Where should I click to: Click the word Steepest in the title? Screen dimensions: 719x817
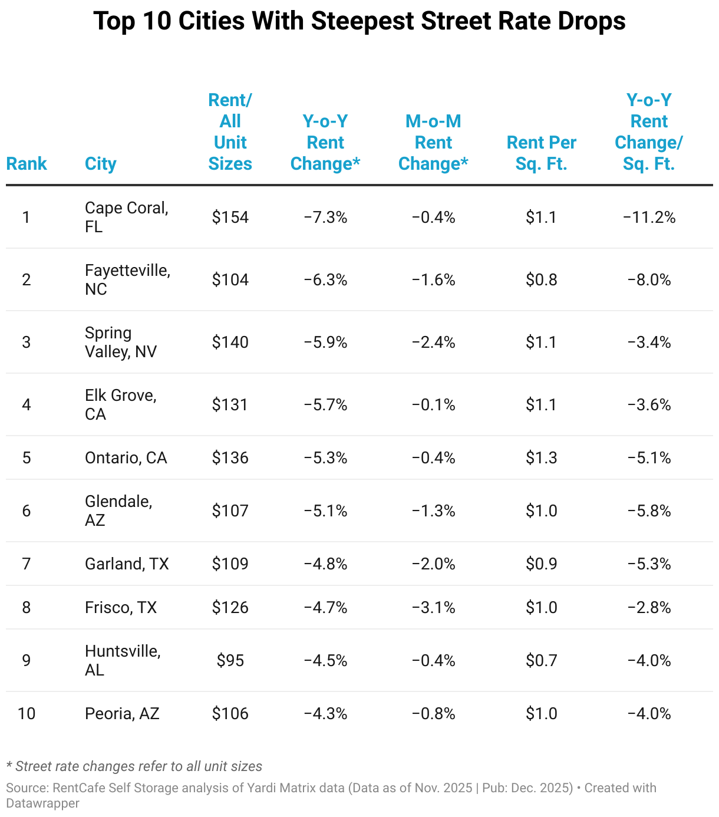click(x=362, y=21)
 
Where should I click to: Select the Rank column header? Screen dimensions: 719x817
click(x=27, y=164)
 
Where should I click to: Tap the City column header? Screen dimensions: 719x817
click(x=100, y=164)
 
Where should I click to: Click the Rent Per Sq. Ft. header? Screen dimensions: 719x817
click(x=541, y=153)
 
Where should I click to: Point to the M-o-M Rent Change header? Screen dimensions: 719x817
click(x=433, y=142)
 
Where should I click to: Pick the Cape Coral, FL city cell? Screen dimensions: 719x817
click(x=127, y=217)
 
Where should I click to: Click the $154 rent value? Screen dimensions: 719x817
click(x=230, y=218)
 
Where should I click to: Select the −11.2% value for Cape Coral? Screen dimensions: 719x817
click(x=649, y=218)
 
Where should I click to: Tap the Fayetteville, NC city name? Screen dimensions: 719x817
click(x=127, y=279)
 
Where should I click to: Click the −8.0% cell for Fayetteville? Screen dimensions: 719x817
click(x=649, y=279)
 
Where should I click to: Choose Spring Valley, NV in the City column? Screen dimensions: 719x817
click(x=121, y=342)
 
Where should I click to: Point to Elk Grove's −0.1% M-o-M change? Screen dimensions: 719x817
click(x=433, y=404)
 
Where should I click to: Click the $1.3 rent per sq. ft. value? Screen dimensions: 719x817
click(x=541, y=457)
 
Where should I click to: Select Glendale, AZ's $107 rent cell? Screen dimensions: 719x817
click(x=230, y=510)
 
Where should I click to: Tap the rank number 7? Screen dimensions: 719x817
click(x=26, y=564)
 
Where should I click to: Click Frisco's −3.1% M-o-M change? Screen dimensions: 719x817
click(x=433, y=607)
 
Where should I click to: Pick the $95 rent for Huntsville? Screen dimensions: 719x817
click(x=230, y=661)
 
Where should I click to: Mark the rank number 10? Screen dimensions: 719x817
click(x=27, y=713)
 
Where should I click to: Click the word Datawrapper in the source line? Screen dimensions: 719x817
click(x=43, y=803)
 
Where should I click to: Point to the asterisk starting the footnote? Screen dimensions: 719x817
click(x=9, y=764)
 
